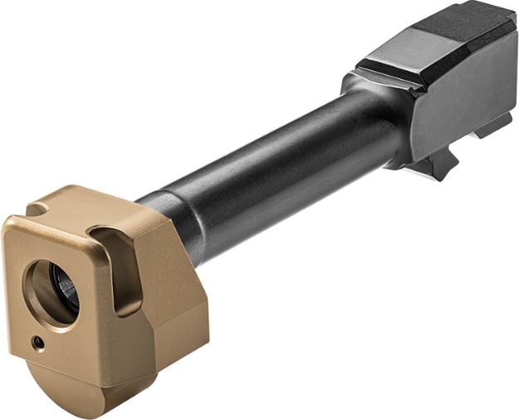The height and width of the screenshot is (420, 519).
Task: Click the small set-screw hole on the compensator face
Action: (x=39, y=341)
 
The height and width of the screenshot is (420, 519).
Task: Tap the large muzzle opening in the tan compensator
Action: (x=51, y=291)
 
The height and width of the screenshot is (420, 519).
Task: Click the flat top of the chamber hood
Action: (x=453, y=29)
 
